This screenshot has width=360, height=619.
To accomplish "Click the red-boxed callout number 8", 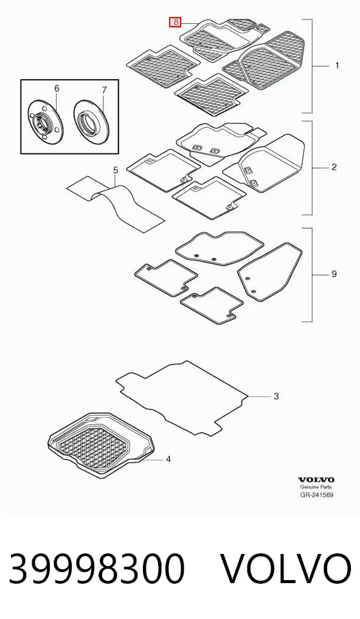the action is (175, 22).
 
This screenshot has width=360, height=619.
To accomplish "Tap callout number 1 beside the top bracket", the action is (337, 66).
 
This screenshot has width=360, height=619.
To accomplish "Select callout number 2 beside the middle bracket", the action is (334, 167).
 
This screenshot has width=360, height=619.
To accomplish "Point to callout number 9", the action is (334, 274).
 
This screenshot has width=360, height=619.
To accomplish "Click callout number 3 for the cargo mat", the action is (276, 396).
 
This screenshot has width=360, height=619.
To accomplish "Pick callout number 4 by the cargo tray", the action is (168, 459).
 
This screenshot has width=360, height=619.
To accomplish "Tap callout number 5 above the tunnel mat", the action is (116, 170).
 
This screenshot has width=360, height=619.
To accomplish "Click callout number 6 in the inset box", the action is (57, 88).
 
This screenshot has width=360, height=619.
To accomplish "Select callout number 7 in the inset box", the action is (104, 90).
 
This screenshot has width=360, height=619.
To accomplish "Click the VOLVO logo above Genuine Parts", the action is (316, 480).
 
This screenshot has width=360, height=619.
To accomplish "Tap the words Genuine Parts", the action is (316, 487).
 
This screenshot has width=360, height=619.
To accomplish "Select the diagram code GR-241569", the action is (316, 494).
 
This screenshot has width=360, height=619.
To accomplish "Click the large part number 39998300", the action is (97, 569).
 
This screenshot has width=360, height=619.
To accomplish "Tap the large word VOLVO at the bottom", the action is (285, 569).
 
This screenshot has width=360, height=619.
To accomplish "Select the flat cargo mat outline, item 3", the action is (182, 397).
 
